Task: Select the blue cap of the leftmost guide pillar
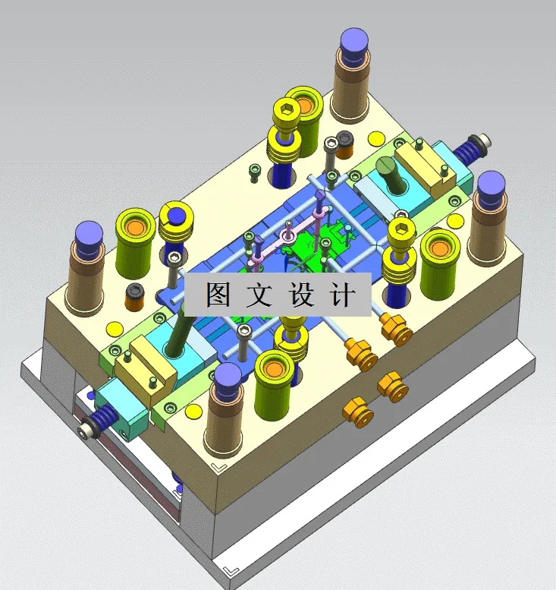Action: pyautogui.click(x=90, y=233)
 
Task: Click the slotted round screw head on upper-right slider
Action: pyautogui.click(x=387, y=165)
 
